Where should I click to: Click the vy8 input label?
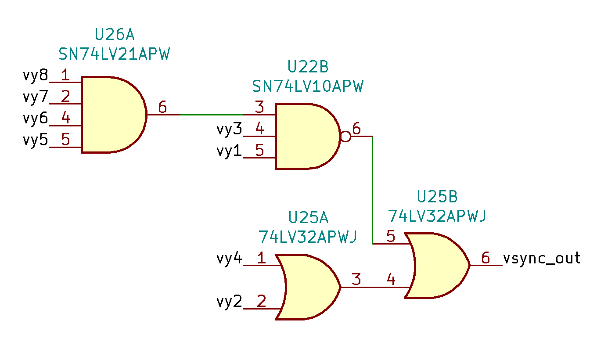click(x=35, y=76)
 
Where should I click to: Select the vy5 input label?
click(x=35, y=140)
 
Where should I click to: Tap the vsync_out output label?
click(x=542, y=258)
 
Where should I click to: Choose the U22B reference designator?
click(x=308, y=67)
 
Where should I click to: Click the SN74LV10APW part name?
click(x=308, y=86)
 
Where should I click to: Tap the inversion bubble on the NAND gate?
click(x=346, y=137)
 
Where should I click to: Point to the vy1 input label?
click(x=229, y=151)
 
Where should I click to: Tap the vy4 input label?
click(x=229, y=258)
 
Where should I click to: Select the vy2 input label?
click(x=229, y=302)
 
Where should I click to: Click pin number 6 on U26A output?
click(x=162, y=107)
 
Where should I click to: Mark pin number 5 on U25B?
click(x=391, y=237)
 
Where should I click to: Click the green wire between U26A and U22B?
click(x=211, y=115)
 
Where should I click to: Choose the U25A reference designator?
click(x=308, y=218)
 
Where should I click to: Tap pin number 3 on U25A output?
click(x=356, y=280)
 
